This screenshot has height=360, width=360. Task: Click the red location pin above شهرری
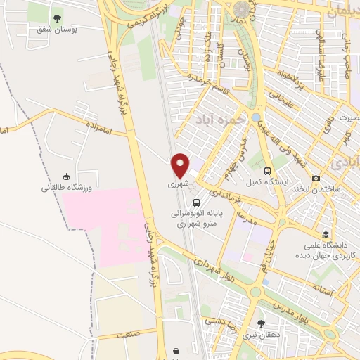pyautogui.click(x=180, y=165)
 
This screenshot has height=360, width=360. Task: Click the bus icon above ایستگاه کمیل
pyautogui.click(x=268, y=171)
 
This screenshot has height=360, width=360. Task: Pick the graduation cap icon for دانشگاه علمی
pyautogui.click(x=325, y=235)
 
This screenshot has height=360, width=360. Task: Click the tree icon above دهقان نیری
pyautogui.click(x=262, y=323)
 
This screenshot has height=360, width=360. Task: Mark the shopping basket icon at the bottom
pyautogui.click(x=176, y=349)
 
